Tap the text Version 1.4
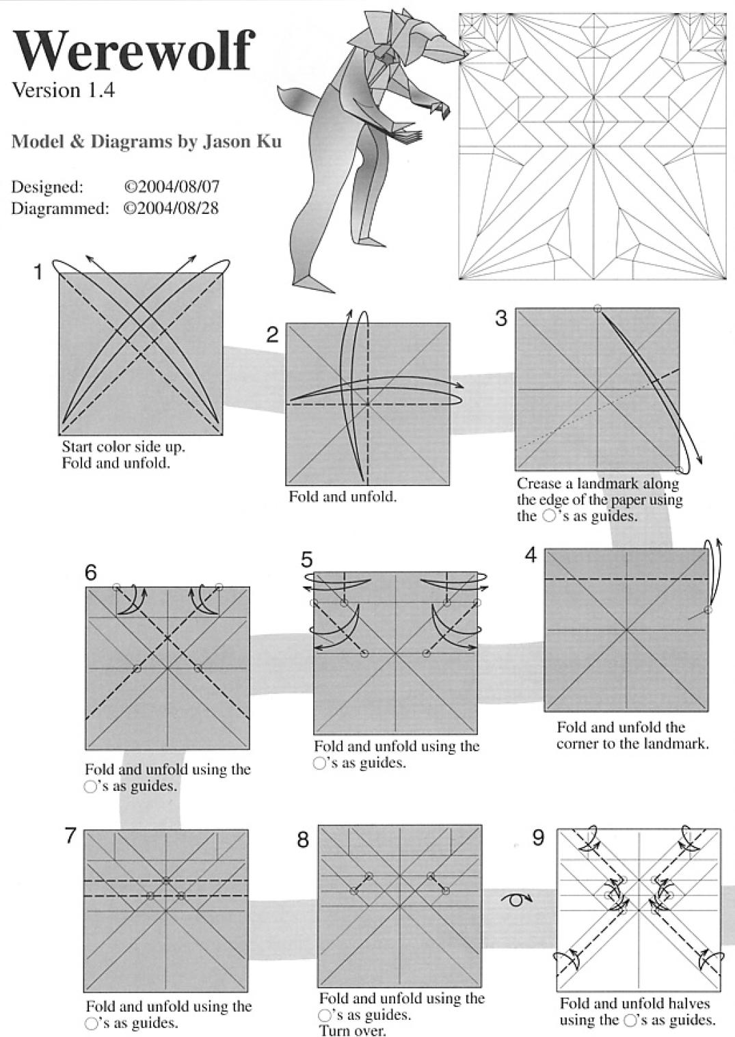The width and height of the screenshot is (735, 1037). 63,91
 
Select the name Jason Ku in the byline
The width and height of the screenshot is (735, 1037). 242,142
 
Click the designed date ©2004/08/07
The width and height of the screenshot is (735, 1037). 172,187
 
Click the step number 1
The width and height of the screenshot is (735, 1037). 39,273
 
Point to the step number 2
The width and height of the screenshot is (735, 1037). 272,335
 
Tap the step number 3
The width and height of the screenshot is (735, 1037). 502,319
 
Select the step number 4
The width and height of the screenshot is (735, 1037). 531,556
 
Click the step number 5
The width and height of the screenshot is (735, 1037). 306,560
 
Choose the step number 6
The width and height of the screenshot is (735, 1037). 91,573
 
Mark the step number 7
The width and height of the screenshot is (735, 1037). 70,835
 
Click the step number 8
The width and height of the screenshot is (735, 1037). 303,839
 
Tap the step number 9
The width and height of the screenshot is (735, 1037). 538,837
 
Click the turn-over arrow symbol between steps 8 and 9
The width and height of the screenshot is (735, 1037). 517,900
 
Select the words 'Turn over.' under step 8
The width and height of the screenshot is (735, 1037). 352,1030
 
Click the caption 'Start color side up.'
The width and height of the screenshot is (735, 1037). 123,447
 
